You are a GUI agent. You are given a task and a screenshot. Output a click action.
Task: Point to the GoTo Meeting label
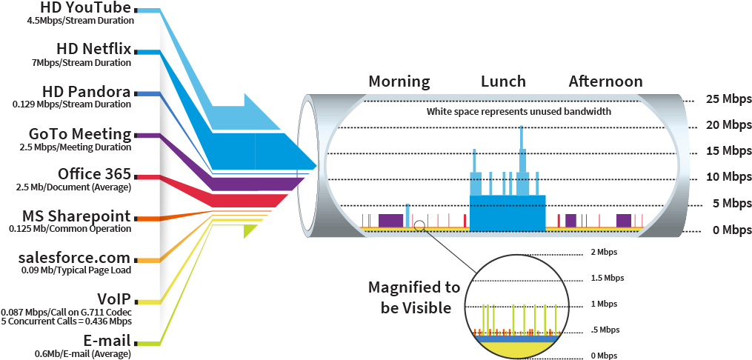pyautogui.click(x=80, y=134)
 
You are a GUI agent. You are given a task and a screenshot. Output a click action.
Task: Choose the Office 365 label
pyautogui.click(x=95, y=175)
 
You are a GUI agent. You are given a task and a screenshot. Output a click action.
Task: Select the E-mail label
pyautogui.click(x=109, y=341)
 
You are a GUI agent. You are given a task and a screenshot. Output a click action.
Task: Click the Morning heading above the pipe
pyautogui.click(x=399, y=81)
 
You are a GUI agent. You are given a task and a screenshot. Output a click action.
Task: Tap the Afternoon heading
pyautogui.click(x=605, y=81)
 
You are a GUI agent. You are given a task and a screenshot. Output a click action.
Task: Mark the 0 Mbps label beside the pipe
pyautogui.click(x=727, y=230)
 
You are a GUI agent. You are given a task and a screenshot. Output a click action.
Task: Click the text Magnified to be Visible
pyautogui.click(x=414, y=297)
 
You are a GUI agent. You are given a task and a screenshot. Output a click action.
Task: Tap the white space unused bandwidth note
pyautogui.click(x=519, y=113)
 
